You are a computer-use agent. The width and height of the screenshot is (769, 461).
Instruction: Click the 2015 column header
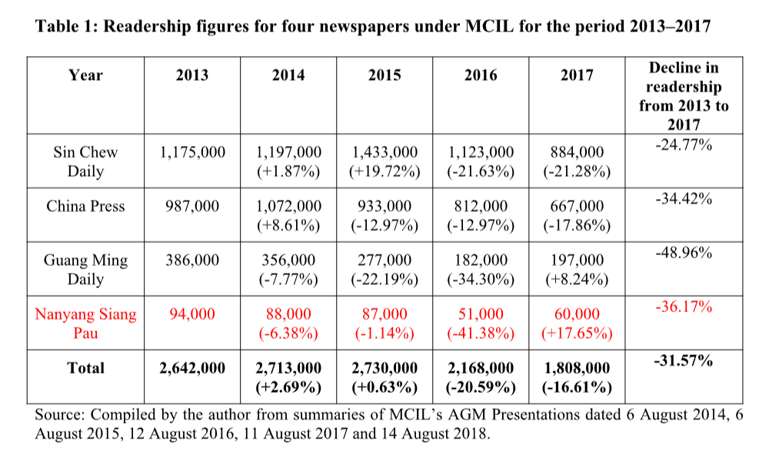(x=384, y=75)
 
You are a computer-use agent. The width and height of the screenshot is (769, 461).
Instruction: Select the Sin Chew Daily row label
(x=85, y=161)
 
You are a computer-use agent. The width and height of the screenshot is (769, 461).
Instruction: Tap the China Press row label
(x=85, y=206)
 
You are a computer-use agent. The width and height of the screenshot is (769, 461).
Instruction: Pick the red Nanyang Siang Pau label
(x=85, y=323)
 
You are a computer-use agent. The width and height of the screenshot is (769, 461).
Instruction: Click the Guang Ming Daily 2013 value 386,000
(x=192, y=260)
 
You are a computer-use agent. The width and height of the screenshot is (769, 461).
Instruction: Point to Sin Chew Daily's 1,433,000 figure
(x=384, y=152)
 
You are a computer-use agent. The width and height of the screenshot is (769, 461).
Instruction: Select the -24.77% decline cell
(x=683, y=143)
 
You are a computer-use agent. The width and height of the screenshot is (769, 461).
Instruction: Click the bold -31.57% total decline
(x=683, y=359)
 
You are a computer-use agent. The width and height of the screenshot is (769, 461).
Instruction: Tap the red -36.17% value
(x=683, y=307)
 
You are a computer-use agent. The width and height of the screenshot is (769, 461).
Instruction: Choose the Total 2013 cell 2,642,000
(x=192, y=368)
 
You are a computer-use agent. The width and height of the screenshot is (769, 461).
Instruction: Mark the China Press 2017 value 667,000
(x=577, y=206)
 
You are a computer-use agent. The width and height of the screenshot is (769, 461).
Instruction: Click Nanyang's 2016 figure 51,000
(x=481, y=313)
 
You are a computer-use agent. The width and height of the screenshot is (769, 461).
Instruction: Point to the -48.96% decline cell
(x=683, y=251)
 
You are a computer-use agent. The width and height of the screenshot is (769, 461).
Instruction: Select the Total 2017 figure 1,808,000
(x=577, y=368)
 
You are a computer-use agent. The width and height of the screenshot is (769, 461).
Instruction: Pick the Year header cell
(x=85, y=75)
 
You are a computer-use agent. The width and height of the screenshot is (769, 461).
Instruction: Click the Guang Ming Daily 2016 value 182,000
(x=481, y=260)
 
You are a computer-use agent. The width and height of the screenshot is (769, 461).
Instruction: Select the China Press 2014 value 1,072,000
(x=288, y=206)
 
